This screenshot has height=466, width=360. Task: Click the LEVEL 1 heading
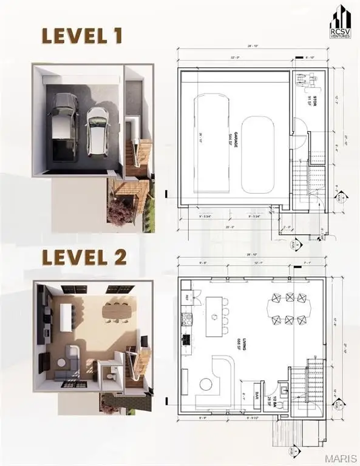82,36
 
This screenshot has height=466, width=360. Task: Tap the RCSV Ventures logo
341,22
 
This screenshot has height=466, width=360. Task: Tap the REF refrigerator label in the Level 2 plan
188,297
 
